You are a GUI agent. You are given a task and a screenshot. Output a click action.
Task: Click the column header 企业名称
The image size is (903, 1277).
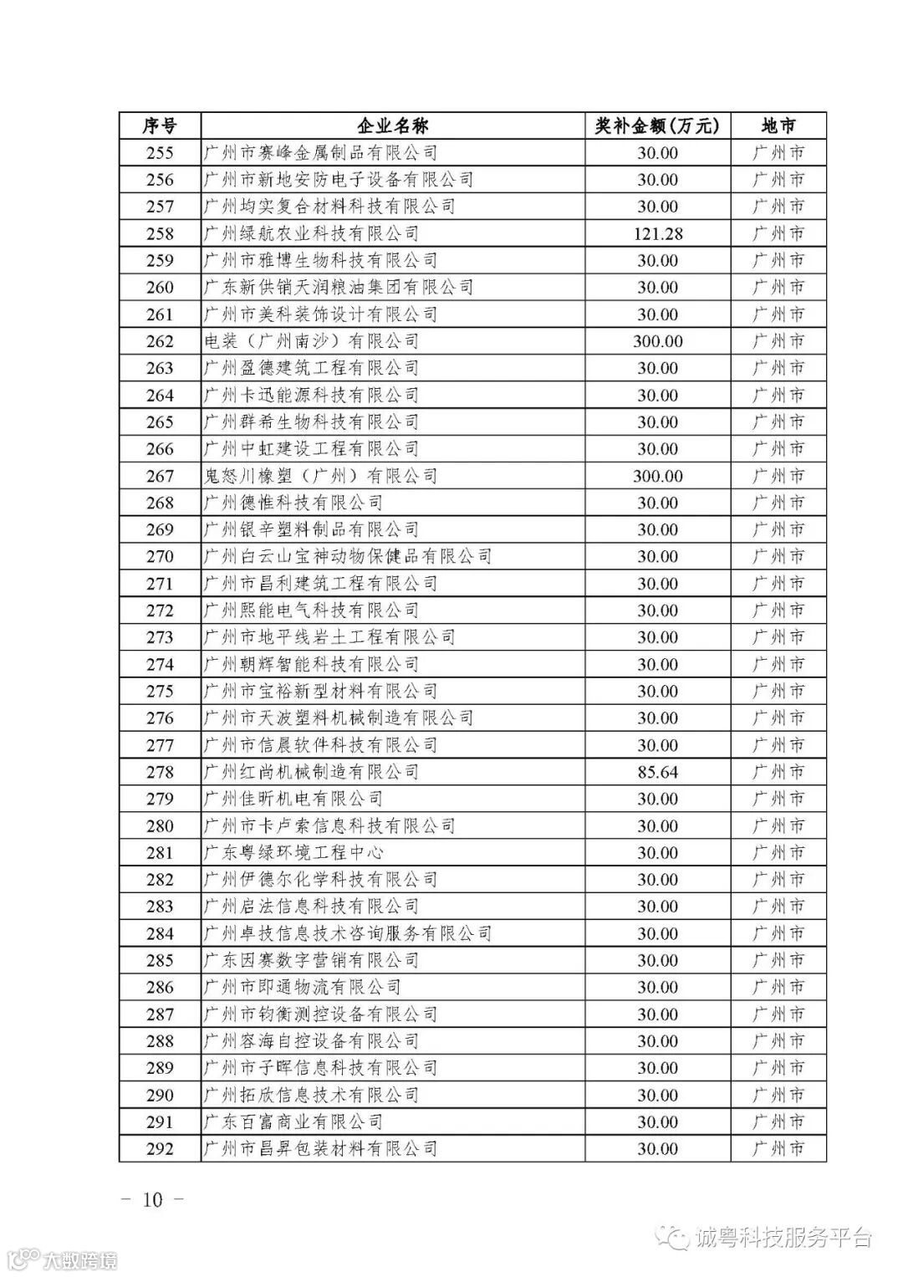[392, 126]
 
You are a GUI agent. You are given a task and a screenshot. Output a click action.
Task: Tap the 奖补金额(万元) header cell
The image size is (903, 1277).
[657, 126]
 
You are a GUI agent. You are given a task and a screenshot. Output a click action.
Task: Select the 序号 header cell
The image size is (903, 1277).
[160, 126]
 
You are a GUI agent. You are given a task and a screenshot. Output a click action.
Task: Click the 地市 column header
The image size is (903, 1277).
[778, 126]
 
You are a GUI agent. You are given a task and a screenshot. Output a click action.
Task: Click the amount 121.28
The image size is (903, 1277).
[657, 233]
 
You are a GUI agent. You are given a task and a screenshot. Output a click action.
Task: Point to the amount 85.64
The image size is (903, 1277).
[657, 772]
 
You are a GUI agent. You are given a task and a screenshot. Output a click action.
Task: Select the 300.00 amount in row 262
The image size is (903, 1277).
[657, 341]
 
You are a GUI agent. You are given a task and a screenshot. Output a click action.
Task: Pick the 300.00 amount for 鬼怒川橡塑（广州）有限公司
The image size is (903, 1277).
[657, 476]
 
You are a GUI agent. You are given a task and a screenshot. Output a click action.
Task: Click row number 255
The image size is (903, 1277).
[160, 153]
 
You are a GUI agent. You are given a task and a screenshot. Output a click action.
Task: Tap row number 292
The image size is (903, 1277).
[160, 1149]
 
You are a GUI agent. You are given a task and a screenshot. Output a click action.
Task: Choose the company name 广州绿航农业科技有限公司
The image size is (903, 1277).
[311, 233]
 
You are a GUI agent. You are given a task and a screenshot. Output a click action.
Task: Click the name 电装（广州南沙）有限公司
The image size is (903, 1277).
[311, 341]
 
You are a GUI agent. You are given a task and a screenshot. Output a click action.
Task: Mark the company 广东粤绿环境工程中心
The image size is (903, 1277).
[293, 853]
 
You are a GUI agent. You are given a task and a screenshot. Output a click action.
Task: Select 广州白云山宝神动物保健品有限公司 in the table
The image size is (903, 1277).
[347, 557]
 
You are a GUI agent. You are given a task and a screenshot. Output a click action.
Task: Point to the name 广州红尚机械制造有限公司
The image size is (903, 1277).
[311, 772]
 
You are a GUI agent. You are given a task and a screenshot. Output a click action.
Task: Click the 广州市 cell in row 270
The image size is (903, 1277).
[778, 557]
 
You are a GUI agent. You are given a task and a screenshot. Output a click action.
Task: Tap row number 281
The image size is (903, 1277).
[160, 853]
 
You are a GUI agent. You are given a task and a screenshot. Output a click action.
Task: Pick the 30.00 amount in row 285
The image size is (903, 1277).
[657, 960]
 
